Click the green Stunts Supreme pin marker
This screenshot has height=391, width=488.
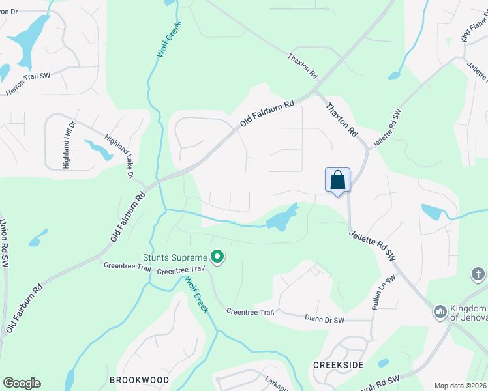[217, 259]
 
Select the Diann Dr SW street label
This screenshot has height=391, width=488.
[324, 319]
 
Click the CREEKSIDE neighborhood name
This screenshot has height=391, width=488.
[338, 365]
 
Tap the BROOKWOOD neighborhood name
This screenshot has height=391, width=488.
[139, 379]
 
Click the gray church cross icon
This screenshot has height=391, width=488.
[478, 275]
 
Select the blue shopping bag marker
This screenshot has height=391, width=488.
[337, 179]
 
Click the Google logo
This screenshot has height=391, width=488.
[22, 383]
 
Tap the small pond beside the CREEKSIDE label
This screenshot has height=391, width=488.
[383, 363]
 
